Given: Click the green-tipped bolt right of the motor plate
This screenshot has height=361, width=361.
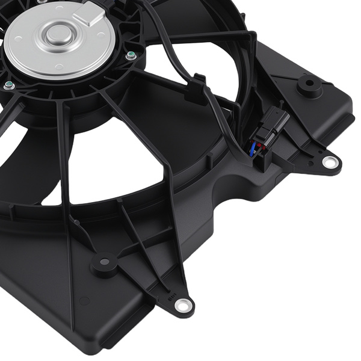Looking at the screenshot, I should click(131, 56).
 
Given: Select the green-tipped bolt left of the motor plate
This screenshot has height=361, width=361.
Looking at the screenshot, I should click(8, 86).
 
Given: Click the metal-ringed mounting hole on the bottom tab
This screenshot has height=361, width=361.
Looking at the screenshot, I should click(181, 306).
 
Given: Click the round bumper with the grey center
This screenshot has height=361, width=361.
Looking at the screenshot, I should click(104, 263).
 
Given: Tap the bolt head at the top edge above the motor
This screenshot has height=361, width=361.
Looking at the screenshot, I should click(40, 2).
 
